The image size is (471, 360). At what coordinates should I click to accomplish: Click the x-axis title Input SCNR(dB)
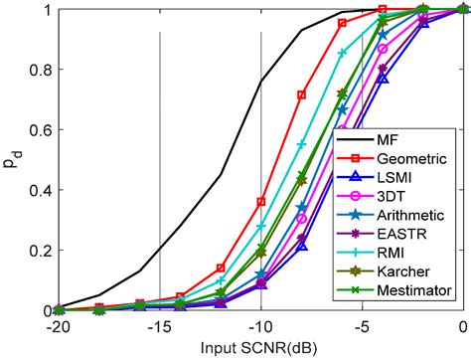(260, 348)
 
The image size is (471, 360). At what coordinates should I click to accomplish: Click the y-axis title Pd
(12, 159)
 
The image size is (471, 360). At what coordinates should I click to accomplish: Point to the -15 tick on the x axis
(159, 327)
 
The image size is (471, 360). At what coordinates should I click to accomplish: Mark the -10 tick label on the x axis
(260, 327)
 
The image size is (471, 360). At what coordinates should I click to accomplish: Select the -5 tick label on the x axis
(362, 327)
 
